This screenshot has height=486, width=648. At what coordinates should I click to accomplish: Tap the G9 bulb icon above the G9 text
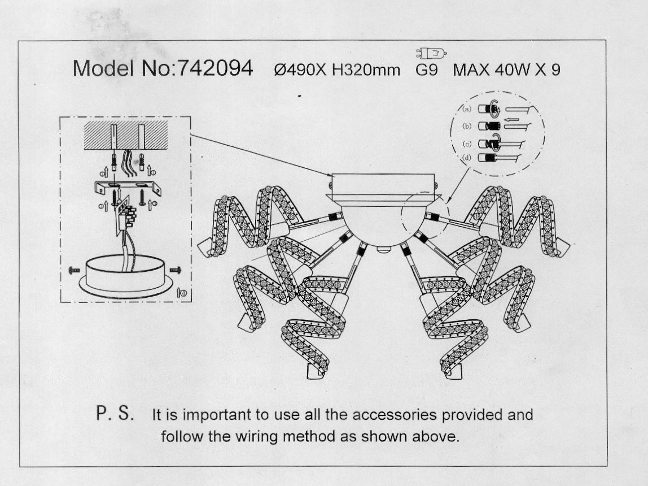[x=431, y=53]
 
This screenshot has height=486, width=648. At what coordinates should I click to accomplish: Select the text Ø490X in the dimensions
[x=300, y=70]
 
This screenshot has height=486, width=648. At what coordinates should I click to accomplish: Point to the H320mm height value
[x=366, y=70]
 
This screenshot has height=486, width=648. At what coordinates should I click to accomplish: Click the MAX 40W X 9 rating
[x=507, y=70]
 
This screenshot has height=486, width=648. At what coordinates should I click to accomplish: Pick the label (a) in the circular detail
[x=467, y=109]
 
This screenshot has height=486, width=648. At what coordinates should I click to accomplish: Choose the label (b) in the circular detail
[x=467, y=126]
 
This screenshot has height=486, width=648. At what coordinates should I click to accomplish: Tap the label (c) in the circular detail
[x=467, y=144]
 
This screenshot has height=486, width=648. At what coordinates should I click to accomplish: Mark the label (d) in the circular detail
[x=467, y=158]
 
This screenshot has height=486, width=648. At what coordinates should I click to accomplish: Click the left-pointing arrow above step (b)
[x=512, y=120]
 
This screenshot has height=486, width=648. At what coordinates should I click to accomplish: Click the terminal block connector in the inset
[x=127, y=215]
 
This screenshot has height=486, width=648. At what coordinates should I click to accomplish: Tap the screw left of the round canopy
[x=75, y=270]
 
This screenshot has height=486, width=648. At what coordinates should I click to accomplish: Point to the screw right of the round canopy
[x=176, y=270]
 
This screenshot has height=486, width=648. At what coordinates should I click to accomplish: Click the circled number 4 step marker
[x=182, y=293]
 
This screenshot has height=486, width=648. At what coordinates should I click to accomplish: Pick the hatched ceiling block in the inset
[x=126, y=135]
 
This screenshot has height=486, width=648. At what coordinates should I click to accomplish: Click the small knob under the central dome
[x=383, y=249]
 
